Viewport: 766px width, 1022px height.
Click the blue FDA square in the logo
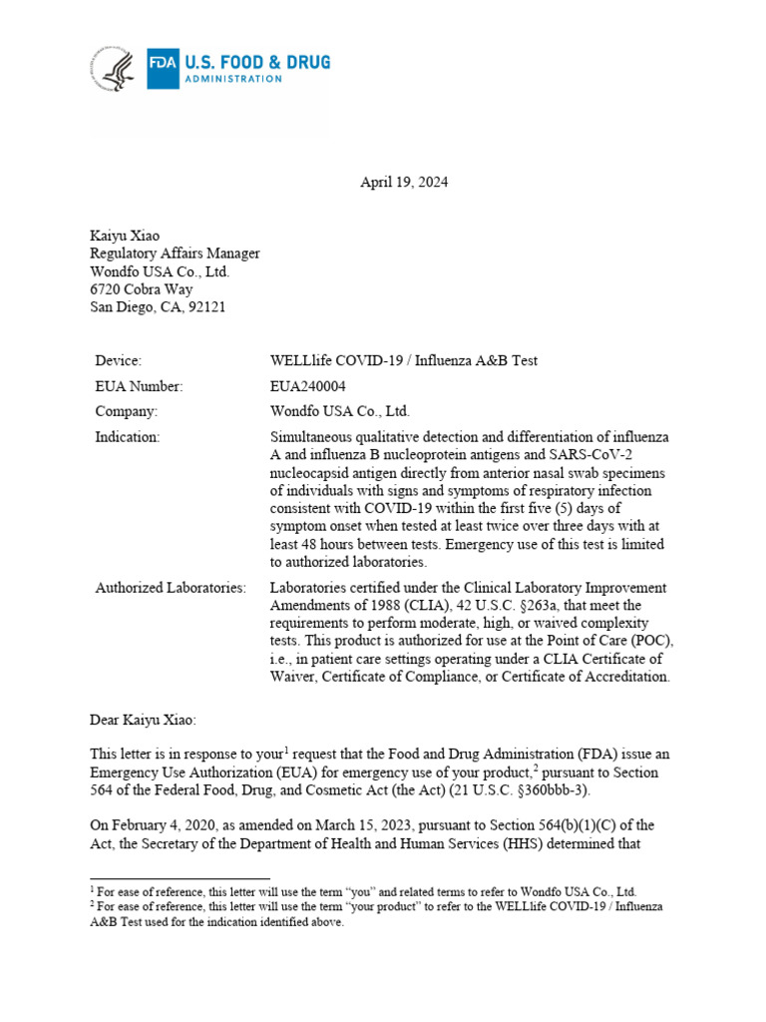(162, 69)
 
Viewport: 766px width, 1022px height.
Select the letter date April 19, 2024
(404, 183)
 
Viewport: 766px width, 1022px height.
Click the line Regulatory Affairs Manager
(175, 254)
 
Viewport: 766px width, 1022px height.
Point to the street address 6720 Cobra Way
(142, 289)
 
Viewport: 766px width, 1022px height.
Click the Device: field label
(119, 360)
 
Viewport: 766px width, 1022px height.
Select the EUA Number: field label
(139, 386)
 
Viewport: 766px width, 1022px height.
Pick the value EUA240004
(305, 386)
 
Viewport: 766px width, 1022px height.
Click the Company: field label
(126, 411)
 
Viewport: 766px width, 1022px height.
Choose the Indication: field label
(127, 436)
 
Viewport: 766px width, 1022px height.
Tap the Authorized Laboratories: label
(171, 588)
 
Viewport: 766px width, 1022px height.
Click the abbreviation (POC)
(651, 642)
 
